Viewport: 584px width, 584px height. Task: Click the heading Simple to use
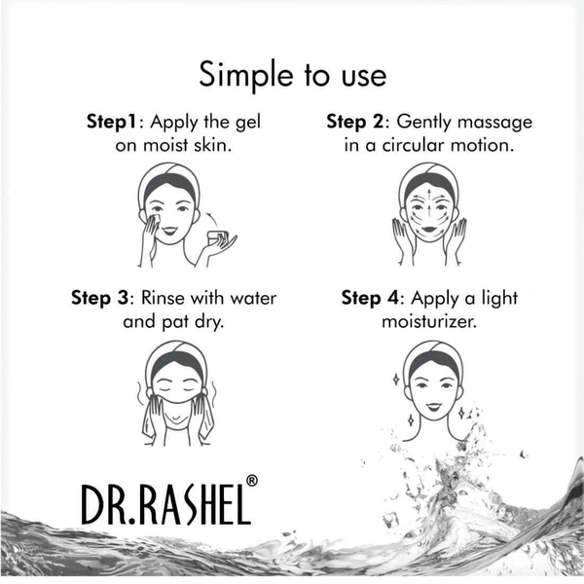(x=293, y=75)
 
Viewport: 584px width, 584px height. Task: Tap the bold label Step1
(x=111, y=122)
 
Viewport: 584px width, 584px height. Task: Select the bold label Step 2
(x=354, y=122)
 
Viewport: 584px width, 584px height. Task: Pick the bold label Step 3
(x=99, y=298)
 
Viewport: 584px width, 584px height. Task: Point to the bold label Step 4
(x=370, y=298)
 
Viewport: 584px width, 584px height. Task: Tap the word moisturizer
(x=429, y=321)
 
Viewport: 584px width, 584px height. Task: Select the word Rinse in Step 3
(x=163, y=298)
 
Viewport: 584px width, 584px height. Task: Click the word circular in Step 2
(x=414, y=145)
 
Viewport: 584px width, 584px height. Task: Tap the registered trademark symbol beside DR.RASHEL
(x=252, y=481)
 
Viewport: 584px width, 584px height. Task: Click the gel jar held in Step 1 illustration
(x=217, y=237)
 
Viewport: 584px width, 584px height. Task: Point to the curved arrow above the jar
(x=212, y=219)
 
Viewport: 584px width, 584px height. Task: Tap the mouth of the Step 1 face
(x=169, y=231)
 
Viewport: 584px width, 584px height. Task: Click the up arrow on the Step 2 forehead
(x=429, y=194)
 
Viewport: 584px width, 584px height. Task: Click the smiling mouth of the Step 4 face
(x=433, y=407)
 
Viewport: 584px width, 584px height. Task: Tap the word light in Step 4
(x=499, y=299)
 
